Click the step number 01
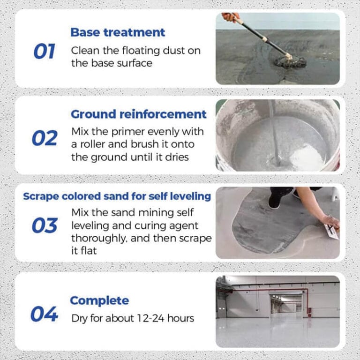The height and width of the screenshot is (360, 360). (x=45, y=52)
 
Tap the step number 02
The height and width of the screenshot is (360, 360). (x=45, y=138)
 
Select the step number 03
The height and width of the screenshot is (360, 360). (x=45, y=225)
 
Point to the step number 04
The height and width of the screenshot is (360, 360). (x=44, y=314)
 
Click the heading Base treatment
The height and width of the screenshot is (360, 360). (x=118, y=32)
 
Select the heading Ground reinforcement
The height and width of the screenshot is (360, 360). (x=138, y=114)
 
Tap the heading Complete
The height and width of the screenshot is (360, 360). (x=99, y=300)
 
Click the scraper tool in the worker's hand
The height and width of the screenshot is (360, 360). (x=332, y=231)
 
